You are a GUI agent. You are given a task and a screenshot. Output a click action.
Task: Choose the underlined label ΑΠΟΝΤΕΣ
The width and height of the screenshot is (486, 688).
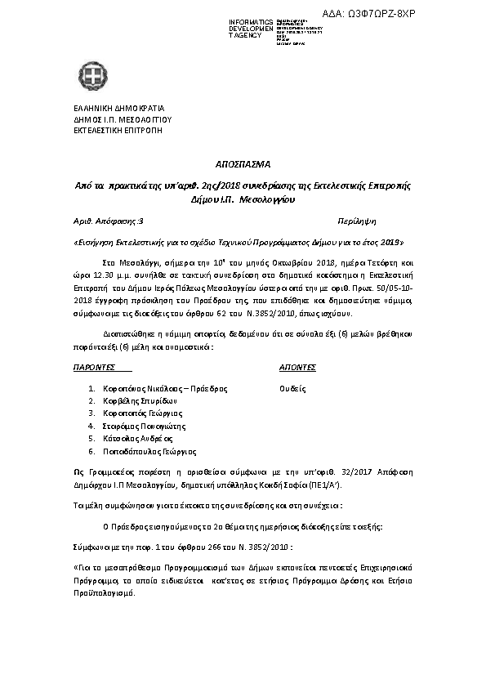pyautogui.click(x=297, y=369)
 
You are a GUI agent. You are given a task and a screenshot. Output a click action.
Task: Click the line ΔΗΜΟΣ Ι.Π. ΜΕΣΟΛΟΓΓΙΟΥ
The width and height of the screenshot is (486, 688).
pyautogui.click(x=122, y=119)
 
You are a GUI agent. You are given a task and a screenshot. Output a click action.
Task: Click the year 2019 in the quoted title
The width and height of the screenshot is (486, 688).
pyautogui.click(x=391, y=243)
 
